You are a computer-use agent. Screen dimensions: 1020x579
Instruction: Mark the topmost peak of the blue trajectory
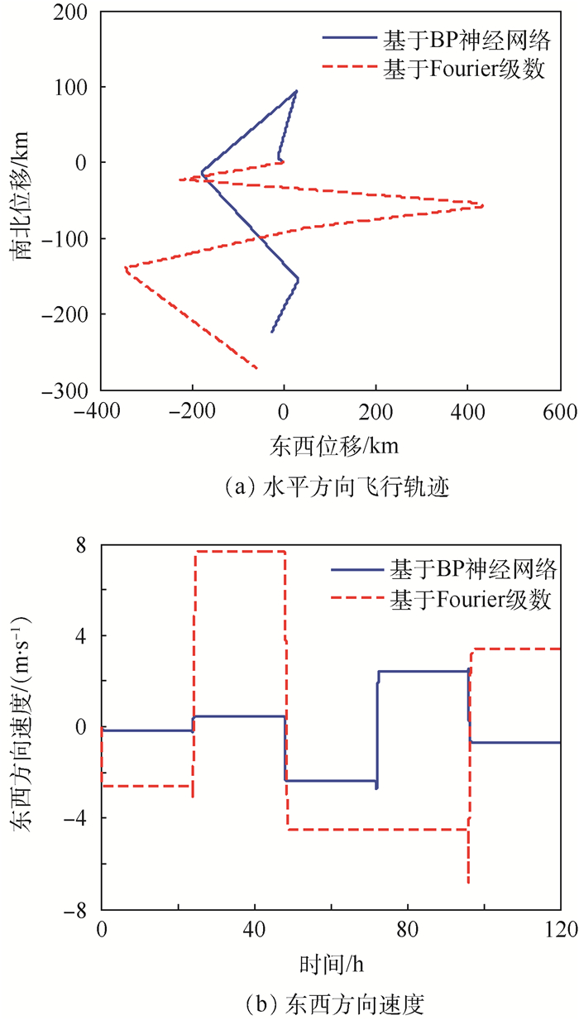pyautogui.click(x=295, y=91)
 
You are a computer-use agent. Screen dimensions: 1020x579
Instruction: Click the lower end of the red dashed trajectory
pyautogui.click(x=256, y=367)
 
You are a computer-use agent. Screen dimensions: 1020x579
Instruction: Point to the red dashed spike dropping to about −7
pyautogui.click(x=468, y=882)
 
